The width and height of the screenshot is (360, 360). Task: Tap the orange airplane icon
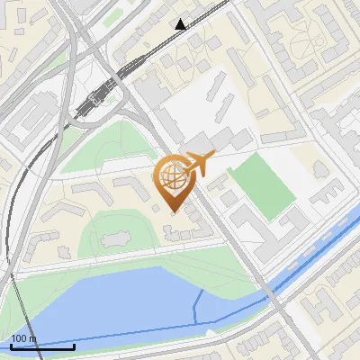(197, 166)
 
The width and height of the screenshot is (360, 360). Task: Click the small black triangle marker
(181, 24)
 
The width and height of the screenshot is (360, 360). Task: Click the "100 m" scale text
(23, 338)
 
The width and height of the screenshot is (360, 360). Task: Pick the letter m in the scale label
(32, 338)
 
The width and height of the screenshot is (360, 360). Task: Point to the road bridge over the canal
(274, 294)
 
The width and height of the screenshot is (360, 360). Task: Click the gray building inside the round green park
(114, 240)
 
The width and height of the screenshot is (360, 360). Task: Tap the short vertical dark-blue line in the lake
(196, 308)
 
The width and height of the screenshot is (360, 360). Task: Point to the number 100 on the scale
(19, 338)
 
